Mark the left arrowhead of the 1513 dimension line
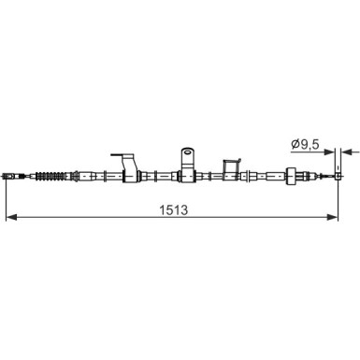[9, 218]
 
